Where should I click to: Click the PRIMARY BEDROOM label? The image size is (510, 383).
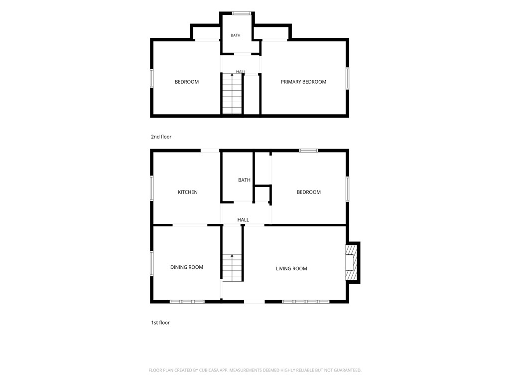point(303,82)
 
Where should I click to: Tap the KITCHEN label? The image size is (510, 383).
point(188,192)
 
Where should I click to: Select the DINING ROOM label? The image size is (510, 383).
point(187,267)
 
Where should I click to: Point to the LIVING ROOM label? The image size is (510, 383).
point(291,268)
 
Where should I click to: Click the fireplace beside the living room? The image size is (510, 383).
point(352,262)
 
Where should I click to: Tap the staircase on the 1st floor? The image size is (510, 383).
point(232,267)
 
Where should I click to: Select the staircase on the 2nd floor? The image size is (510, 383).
point(232,94)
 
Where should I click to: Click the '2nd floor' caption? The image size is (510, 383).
point(161,137)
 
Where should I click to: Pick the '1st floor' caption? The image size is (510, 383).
point(160,323)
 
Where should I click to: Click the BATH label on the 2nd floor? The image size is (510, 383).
point(236,35)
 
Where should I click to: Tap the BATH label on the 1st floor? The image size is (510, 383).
point(244,180)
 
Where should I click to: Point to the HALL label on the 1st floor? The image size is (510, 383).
point(243,220)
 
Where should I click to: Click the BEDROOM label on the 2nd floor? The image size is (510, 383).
point(187,82)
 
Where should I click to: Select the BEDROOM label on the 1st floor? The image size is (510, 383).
point(309,192)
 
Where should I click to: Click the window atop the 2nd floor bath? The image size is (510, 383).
point(242,13)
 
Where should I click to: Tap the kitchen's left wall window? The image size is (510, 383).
point(151,188)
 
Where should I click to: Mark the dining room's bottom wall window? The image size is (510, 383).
point(187,302)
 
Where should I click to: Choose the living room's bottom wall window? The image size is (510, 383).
point(306,302)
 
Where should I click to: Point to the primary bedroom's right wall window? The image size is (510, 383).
point(347,78)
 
